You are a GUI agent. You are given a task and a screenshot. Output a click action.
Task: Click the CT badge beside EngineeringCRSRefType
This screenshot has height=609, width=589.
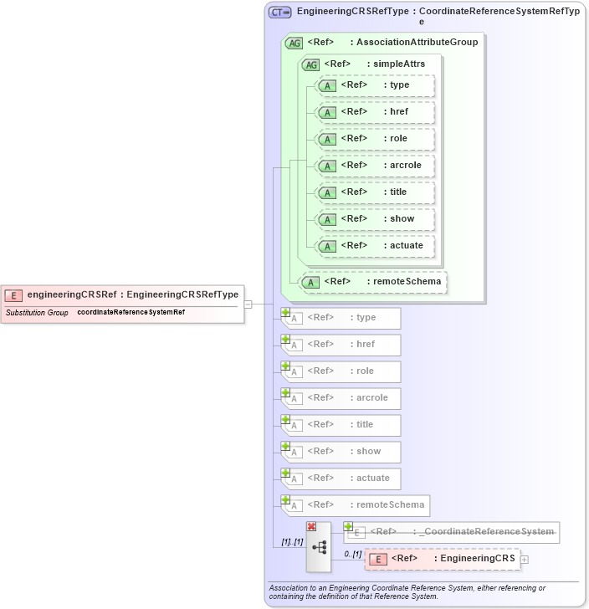tap(280, 12)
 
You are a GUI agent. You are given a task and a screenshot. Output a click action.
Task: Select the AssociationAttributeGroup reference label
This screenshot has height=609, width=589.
tap(392, 42)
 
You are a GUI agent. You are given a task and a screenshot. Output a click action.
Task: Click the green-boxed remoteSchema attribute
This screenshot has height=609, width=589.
tap(373, 282)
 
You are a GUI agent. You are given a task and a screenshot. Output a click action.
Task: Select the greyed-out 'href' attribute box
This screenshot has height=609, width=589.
tap(341, 345)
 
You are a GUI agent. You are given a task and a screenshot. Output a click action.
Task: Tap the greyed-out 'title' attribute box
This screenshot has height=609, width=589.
tap(341, 425)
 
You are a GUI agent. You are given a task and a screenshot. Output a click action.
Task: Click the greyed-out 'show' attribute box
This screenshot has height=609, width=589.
tap(341, 452)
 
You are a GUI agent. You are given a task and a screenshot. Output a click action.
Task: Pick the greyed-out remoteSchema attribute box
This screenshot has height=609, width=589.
tap(356, 505)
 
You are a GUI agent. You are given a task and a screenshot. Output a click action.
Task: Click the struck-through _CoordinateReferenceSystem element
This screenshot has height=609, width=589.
tap(452, 532)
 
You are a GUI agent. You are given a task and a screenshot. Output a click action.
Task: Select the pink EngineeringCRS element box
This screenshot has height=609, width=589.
tap(443, 559)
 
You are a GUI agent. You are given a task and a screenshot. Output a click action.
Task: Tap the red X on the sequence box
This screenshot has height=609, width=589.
tap(311, 526)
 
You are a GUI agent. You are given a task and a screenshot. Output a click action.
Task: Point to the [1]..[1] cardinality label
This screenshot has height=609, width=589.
tap(285, 542)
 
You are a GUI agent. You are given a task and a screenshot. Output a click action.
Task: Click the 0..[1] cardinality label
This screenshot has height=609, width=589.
tap(352, 555)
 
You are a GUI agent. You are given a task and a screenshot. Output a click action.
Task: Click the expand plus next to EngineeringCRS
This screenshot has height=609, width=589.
tap(525, 559)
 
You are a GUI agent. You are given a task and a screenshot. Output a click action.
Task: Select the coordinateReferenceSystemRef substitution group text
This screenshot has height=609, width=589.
tap(131, 313)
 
